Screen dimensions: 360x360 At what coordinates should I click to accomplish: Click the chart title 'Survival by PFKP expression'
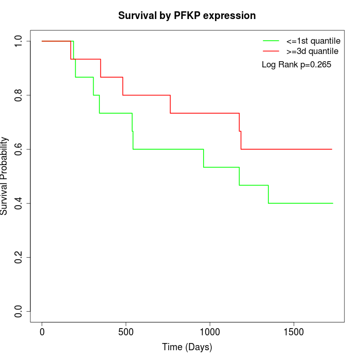tap(187, 15)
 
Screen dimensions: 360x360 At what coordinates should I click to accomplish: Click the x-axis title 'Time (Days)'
tap(187, 347)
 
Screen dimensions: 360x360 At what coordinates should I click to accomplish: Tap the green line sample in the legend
tap(271, 41)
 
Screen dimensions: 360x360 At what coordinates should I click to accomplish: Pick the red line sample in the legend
tap(271, 51)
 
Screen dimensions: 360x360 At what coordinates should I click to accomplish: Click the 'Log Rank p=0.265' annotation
tap(297, 65)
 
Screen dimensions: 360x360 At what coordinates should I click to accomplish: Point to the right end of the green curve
tap(333, 203)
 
